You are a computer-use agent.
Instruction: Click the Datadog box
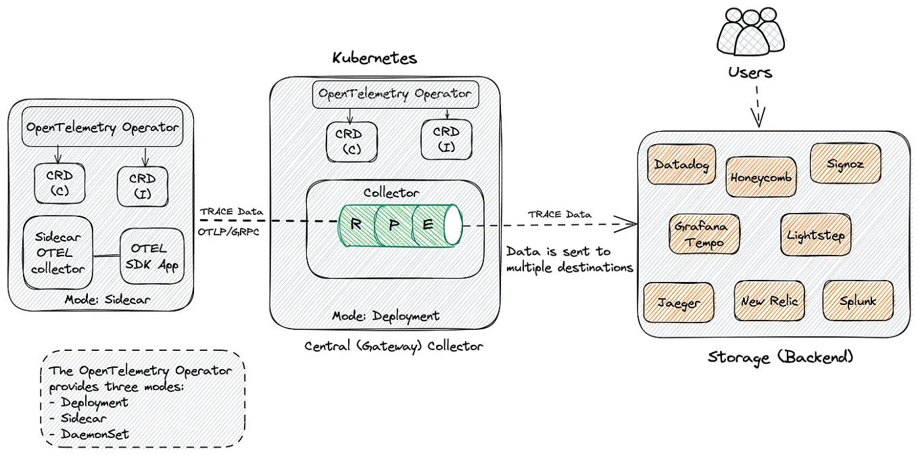(x=681, y=164)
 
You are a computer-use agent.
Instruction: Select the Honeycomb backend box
(x=760, y=177)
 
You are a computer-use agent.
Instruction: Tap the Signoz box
(x=845, y=164)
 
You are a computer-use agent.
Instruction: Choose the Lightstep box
(x=815, y=235)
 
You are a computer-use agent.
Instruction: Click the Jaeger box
(x=679, y=303)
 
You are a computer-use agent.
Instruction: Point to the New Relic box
(x=769, y=300)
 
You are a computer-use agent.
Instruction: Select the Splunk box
(x=858, y=301)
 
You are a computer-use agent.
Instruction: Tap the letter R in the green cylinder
(x=356, y=224)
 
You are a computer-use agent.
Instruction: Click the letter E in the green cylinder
(x=427, y=224)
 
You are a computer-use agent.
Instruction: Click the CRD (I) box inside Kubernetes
(x=446, y=140)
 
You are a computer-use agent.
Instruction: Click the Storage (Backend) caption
(x=780, y=357)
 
